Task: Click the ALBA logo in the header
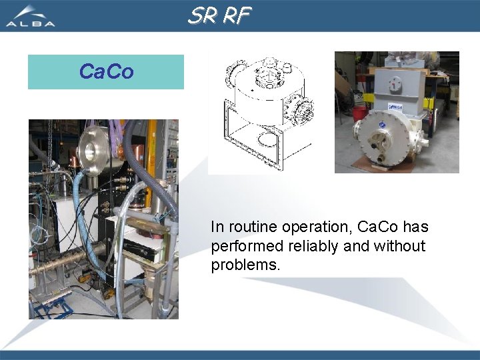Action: click(x=30, y=16)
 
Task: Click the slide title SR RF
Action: click(x=219, y=15)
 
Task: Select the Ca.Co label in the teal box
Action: click(x=106, y=72)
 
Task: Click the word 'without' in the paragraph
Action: click(x=399, y=246)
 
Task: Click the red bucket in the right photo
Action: click(x=359, y=112)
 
